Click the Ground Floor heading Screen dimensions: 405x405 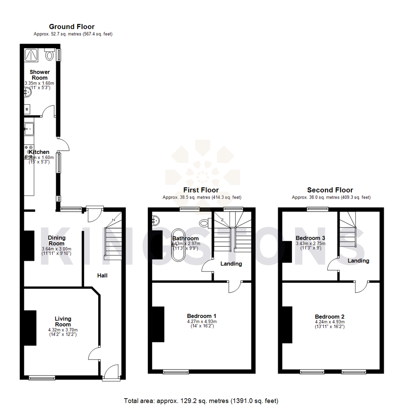coord(72,27)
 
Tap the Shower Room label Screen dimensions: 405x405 coord(39,75)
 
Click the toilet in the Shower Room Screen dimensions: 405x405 coord(49,55)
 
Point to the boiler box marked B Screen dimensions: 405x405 coord(27,109)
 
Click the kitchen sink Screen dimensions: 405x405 coord(29,129)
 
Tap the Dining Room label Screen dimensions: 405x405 coord(57,240)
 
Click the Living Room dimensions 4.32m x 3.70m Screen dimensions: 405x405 coord(62,330)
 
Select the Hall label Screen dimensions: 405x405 coord(102,276)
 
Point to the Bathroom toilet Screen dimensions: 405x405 coord(204,223)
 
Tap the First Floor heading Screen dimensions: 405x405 coord(201,190)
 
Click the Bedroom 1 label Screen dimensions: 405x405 coord(202,316)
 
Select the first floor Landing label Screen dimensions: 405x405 coord(231,264)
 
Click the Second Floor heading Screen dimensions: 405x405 coord(330,190)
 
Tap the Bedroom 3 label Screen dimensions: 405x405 coord(310,238)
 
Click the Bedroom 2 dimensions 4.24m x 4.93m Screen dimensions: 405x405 coord(330,322)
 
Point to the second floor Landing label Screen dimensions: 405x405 coord(358,261)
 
